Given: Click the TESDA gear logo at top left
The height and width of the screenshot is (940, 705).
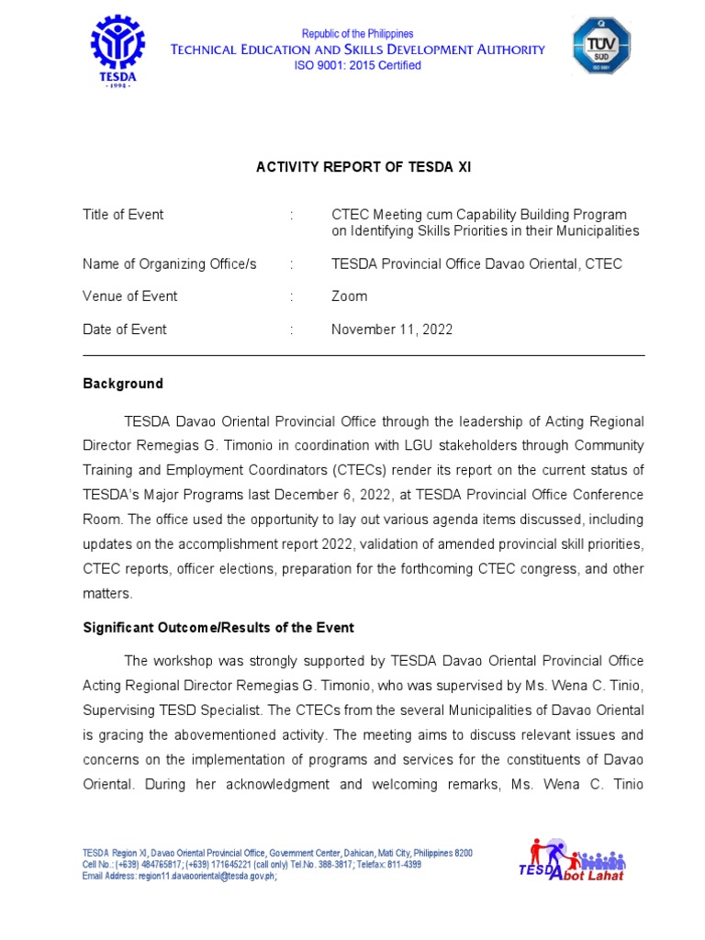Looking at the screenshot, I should pyautogui.click(x=117, y=50).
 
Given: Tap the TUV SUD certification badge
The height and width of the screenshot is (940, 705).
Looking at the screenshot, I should pyautogui.click(x=602, y=46).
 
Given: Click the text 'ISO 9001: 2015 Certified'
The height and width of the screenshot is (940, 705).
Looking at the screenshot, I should pyautogui.click(x=357, y=65).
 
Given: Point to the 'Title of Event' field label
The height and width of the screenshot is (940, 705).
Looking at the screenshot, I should pyautogui.click(x=123, y=215).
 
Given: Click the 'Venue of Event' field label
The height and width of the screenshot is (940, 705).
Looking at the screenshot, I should pyautogui.click(x=130, y=297).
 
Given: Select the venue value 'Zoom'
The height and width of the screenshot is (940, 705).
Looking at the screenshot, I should pyautogui.click(x=349, y=297).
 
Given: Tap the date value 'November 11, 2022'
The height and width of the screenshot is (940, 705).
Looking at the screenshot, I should pyautogui.click(x=392, y=330).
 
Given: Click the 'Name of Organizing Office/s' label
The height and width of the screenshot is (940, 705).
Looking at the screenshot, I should pyautogui.click(x=170, y=264).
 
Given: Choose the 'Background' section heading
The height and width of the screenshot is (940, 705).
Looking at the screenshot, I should pyautogui.click(x=123, y=384).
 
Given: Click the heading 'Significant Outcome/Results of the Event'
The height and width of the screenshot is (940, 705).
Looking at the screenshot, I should pyautogui.click(x=218, y=628).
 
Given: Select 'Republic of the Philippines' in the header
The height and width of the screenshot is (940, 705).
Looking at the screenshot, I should pyautogui.click(x=358, y=34).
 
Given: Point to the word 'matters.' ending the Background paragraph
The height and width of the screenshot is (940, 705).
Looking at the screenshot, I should pyautogui.click(x=107, y=594).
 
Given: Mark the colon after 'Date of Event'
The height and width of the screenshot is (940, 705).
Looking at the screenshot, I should pyautogui.click(x=292, y=330).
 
